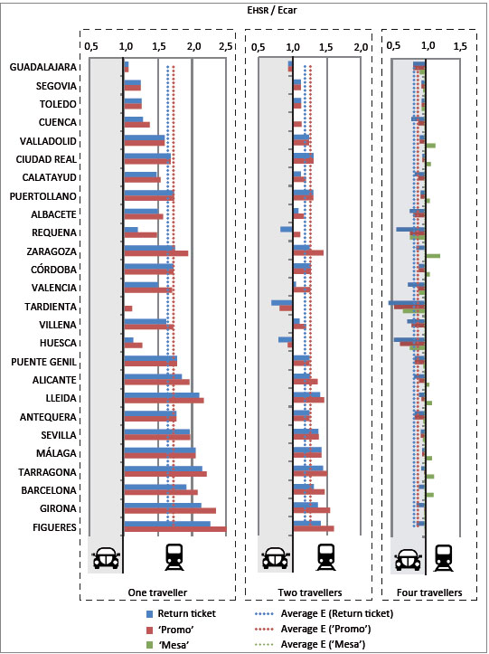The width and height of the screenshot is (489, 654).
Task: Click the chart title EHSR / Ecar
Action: [272, 11]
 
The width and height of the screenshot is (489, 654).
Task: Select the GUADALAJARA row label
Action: [43, 67]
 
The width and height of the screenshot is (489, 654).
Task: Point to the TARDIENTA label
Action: [51, 307]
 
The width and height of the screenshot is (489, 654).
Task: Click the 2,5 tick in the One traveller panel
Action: [226, 47]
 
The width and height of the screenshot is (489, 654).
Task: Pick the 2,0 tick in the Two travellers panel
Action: [361, 47]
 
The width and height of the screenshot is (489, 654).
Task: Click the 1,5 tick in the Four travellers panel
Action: [460, 46]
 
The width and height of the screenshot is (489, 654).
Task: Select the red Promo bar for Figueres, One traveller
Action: [175, 529]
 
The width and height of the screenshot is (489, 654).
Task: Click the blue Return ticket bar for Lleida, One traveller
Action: [162, 395]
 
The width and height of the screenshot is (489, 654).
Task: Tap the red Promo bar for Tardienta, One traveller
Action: [128, 308]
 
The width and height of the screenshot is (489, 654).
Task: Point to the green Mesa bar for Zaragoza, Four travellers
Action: [433, 256]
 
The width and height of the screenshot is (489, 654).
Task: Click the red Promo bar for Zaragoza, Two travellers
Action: [308, 252]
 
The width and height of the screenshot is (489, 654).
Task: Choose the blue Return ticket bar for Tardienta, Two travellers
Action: [282, 302]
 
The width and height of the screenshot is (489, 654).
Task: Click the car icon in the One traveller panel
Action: [106, 557]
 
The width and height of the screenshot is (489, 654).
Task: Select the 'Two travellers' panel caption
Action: [310, 592]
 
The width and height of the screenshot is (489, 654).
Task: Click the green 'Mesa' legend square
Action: [150, 644]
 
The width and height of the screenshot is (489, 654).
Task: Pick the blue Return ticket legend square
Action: [150, 614]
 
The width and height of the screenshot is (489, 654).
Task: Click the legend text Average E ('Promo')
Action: [325, 629]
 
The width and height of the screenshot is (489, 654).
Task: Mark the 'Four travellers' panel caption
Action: [429, 592]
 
